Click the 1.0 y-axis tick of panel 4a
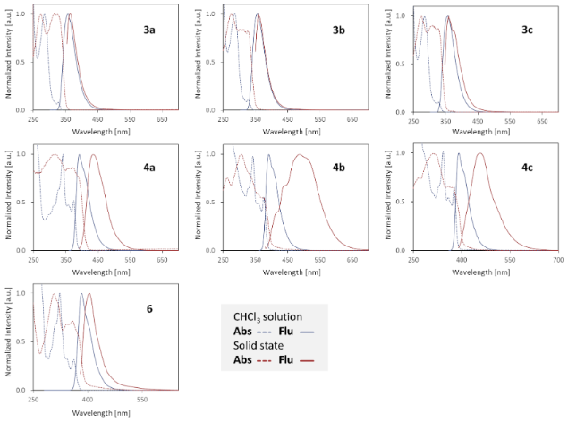pos(22,154)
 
